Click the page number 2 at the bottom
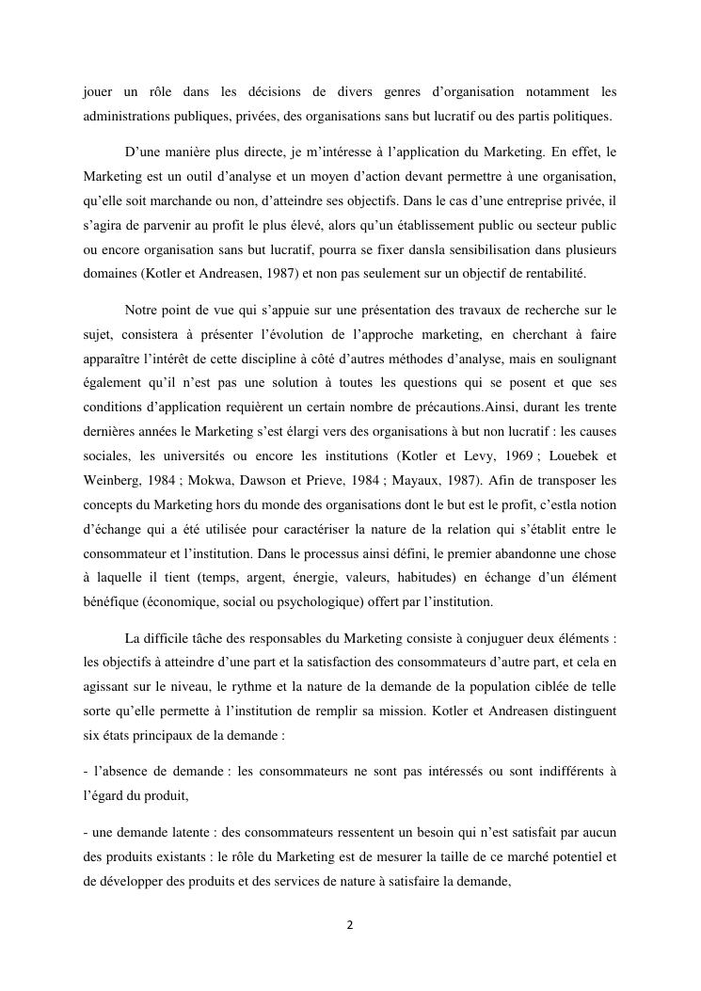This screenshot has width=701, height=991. click(x=350, y=925)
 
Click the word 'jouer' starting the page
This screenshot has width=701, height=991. click(x=98, y=92)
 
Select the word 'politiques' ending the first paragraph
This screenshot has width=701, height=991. click(x=581, y=117)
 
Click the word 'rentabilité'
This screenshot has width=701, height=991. click(x=555, y=273)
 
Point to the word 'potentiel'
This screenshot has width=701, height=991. click(x=567, y=858)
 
